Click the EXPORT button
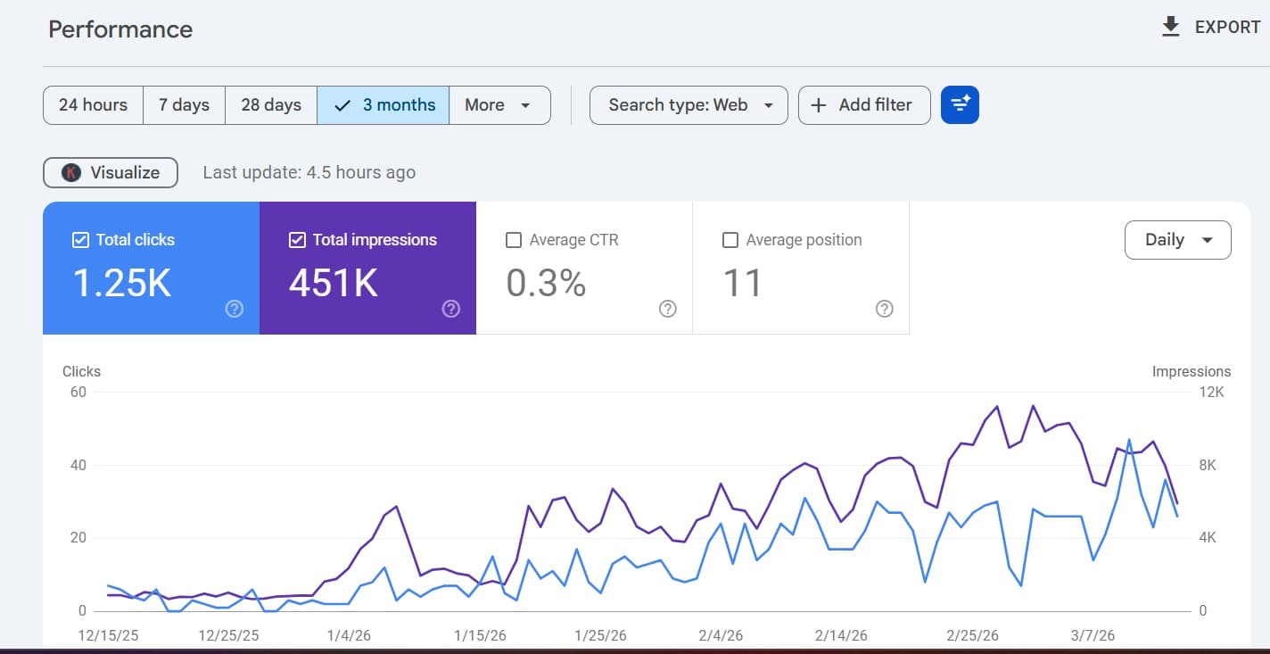tap(1211, 28)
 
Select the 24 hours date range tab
tap(93, 105)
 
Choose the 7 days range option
tap(184, 105)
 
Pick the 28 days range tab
tap(271, 105)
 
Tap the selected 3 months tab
tap(383, 105)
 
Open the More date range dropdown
tap(499, 105)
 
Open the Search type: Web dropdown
tap(689, 105)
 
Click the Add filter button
tap(863, 105)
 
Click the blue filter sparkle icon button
tap(960, 105)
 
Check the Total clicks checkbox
tap(80, 240)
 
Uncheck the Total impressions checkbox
tap(297, 240)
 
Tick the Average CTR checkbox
tap(514, 240)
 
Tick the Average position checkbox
tap(730, 240)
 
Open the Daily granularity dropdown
tap(1177, 240)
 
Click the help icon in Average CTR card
tap(667, 309)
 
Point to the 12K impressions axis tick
tap(1212, 393)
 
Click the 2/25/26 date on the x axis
tap(972, 636)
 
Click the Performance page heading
tap(120, 29)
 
